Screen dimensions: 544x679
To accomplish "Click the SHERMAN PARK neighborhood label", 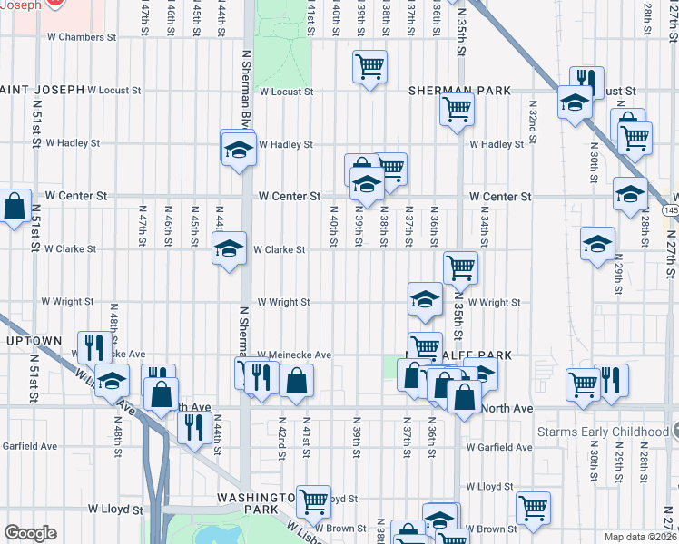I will click(x=459, y=91).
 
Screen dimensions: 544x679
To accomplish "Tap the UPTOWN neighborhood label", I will click(x=34, y=341).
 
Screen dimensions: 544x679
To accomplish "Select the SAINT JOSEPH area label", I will click(x=43, y=90).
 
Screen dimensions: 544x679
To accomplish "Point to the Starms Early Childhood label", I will click(x=607, y=432).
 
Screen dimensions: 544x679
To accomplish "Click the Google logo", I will click(x=30, y=533).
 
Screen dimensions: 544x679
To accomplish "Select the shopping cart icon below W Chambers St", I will click(x=370, y=66).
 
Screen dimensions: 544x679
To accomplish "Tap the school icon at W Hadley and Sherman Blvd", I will click(x=238, y=148).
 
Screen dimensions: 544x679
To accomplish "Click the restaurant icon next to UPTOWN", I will click(x=93, y=346).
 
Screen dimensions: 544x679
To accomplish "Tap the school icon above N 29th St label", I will click(x=598, y=243).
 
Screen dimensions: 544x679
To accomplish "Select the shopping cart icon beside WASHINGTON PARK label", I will click(x=313, y=500).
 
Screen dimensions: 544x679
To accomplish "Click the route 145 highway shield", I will click(x=671, y=210).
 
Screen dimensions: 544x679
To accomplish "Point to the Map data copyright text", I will click(x=642, y=536).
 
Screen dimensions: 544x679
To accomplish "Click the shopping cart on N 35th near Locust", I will click(x=457, y=109).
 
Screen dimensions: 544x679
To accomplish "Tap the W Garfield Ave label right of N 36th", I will click(x=499, y=447).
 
